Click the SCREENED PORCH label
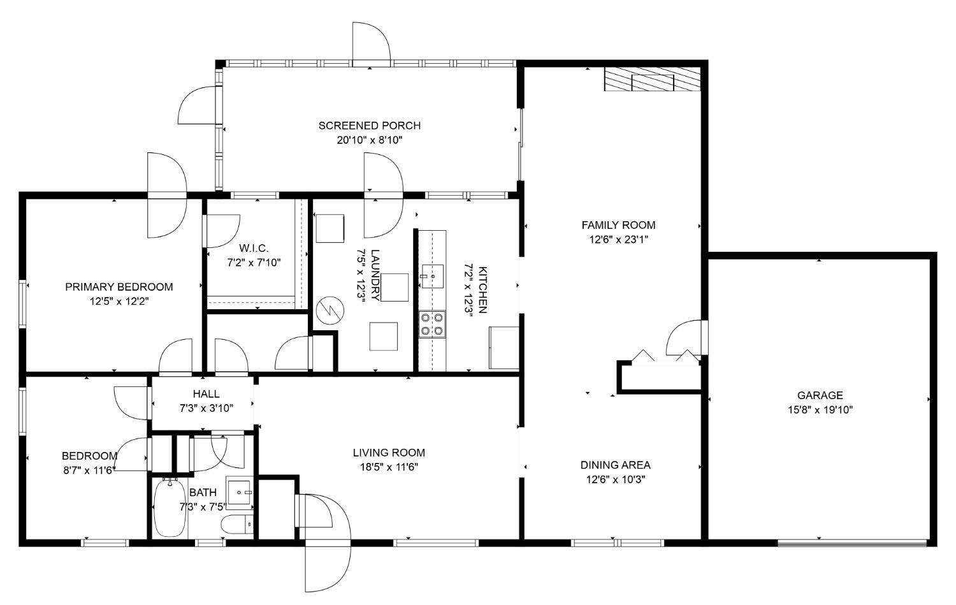coord(370,126)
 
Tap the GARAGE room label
coord(820,395)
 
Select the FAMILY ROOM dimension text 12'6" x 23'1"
coord(618,240)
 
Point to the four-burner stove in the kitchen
coord(432,324)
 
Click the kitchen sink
coord(433,276)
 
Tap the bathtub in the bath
coord(170,507)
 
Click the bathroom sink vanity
coord(240,493)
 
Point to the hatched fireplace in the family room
coord(653,79)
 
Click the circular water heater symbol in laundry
coord(330,310)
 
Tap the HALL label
coord(206,393)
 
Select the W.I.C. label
coord(254,248)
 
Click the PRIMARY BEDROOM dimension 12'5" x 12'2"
coord(119,302)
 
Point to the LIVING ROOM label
coord(389,453)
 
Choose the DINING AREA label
coord(616,465)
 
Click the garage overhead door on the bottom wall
coord(852,543)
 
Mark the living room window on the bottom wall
coord(436,543)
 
